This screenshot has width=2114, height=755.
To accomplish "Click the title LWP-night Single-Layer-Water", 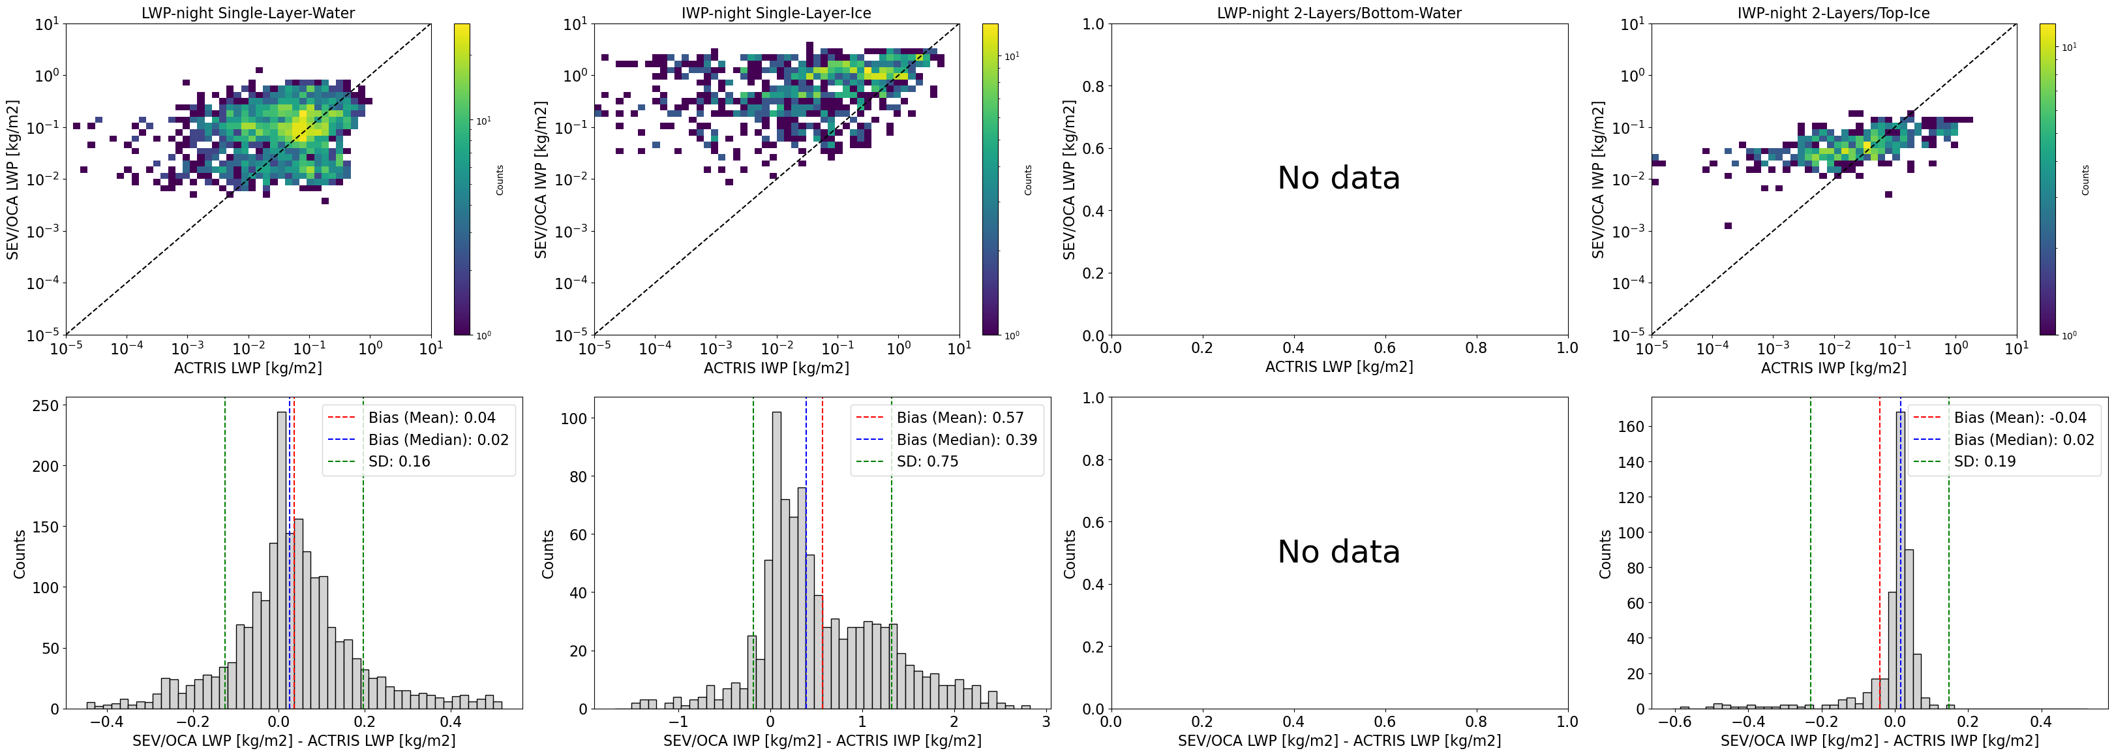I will tap(248, 12).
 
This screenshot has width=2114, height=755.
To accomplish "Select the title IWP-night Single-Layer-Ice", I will tap(776, 12).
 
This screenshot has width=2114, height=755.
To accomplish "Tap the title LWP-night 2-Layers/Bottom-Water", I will tap(1338, 12).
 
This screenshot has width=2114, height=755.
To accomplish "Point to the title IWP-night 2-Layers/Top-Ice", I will tap(1834, 12).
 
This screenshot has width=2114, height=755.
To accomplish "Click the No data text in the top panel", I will tap(1338, 178).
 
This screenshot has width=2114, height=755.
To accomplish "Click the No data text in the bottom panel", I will tap(1338, 551).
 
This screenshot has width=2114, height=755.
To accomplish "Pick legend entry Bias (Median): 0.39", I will tap(966, 440).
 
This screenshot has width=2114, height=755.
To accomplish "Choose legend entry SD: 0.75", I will tap(928, 461).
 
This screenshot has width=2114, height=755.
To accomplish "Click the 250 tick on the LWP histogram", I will tap(45, 405).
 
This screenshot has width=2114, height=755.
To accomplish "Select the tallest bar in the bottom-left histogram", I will tap(282, 558).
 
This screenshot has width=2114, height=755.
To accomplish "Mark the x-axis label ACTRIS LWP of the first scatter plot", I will tap(248, 367).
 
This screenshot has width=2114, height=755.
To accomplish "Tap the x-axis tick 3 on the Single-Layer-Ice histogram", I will tap(1046, 722).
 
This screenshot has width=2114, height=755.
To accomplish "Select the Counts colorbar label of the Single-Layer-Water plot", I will tap(500, 179).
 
